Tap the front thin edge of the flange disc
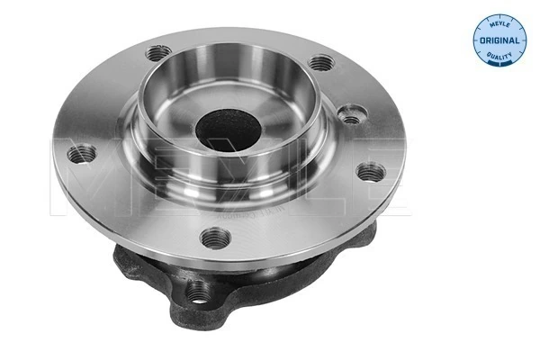pyautogui.click(x=225, y=260)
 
